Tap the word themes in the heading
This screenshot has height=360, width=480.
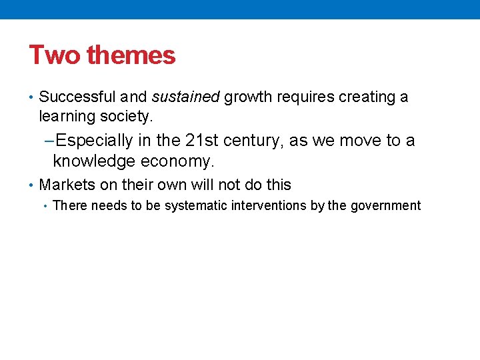pos(131,55)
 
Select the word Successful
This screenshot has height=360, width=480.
pos(77,97)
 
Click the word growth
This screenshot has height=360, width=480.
pos(246,98)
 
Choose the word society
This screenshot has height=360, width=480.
pos(127,117)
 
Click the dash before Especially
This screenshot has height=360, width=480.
pos(47,141)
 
